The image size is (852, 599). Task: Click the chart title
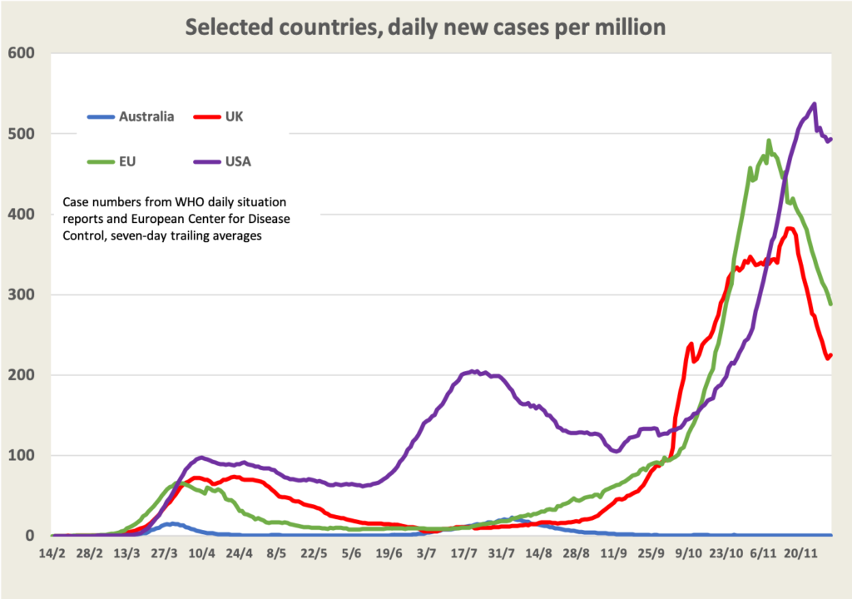(425, 27)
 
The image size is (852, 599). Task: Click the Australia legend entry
(146, 116)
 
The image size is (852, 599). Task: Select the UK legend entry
(233, 116)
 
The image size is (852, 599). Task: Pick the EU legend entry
(127, 161)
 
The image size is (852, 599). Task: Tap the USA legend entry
(237, 161)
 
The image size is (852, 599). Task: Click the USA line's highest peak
(814, 105)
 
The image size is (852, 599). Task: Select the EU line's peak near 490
(769, 141)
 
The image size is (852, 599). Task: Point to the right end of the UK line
(830, 355)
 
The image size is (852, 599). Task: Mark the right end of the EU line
(830, 304)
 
